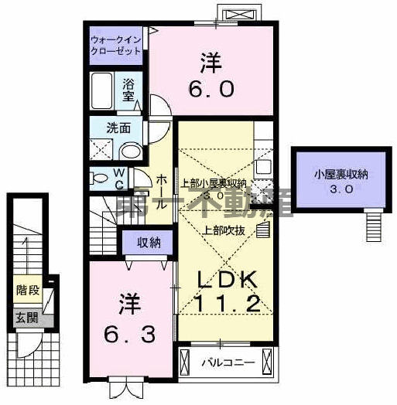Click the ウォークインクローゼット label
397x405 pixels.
click(116, 44)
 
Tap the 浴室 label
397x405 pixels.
click(130, 92)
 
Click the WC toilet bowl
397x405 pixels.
click(100, 178)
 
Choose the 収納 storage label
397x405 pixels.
click(149, 243)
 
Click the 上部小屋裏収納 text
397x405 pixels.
click(214, 184)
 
